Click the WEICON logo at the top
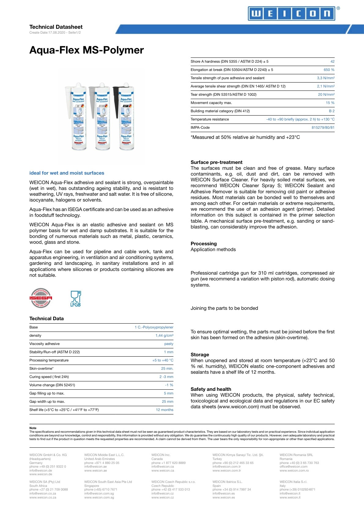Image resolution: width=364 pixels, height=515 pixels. click(291, 14)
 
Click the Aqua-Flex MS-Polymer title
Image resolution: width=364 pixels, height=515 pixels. click(87, 50)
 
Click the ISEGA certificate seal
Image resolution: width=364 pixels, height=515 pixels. click(41, 298)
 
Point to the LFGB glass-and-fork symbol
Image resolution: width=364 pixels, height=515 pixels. click(76, 298)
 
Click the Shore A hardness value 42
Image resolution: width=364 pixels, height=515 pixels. click(332, 61)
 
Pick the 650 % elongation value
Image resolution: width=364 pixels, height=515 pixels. click(329, 70)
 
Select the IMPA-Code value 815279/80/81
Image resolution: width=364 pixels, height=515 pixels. click(323, 128)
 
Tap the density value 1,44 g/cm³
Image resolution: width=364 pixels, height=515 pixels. click(164, 335)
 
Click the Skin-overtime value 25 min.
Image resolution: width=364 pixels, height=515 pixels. click(167, 369)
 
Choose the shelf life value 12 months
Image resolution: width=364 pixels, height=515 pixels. click(165, 410)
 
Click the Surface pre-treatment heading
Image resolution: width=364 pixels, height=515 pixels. click(216, 162)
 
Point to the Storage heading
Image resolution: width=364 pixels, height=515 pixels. click(200, 355)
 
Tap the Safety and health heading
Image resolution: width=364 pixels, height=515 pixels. click(211, 389)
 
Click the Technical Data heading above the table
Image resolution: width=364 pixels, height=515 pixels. click(46, 319)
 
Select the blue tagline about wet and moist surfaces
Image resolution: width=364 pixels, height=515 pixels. click(67, 173)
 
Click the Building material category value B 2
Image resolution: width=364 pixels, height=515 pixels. click(332, 111)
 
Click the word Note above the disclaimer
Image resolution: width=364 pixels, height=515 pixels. click(33, 428)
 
